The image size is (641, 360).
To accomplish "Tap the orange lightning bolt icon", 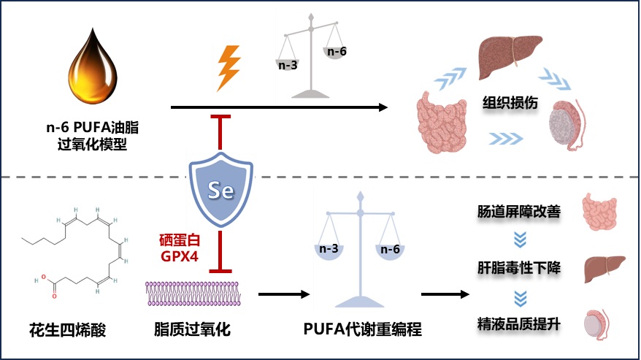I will tap(229, 68).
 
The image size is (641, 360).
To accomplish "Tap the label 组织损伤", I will tap(510, 102).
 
